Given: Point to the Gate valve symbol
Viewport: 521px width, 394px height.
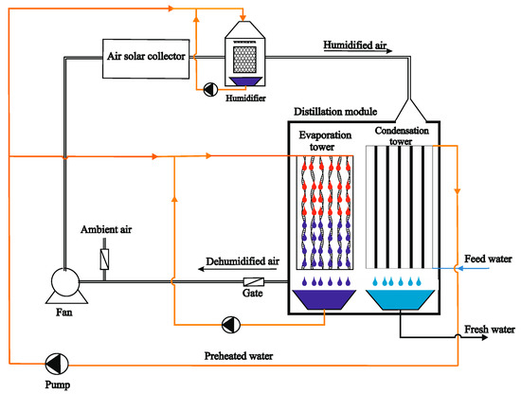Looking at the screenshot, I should (x=254, y=281).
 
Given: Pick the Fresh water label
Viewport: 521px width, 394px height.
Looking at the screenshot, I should (x=489, y=330).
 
